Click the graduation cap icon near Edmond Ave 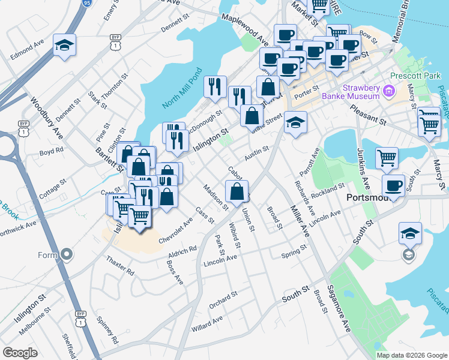(64, 46)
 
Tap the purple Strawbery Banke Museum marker (388, 92)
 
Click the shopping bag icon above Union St (238, 191)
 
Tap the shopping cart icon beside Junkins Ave (387, 158)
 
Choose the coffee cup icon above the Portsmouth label (393, 185)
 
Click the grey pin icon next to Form (67, 255)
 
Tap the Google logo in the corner (20, 353)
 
